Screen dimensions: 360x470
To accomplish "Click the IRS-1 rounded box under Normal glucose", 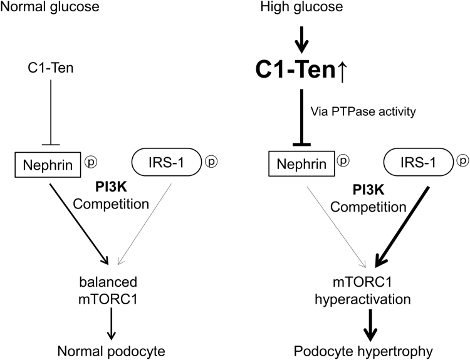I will [x=165, y=164].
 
